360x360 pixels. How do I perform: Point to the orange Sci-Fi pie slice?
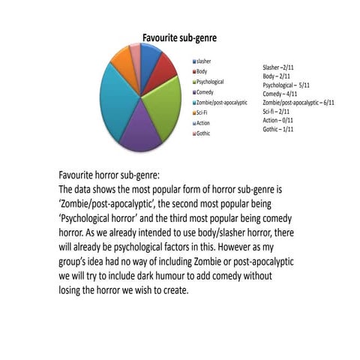pyautogui.click(x=121, y=58)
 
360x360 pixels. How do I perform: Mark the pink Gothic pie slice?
pyautogui.click(x=135, y=51)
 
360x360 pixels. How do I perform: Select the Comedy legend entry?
pyautogui.click(x=205, y=91)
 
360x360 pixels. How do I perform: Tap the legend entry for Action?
pyautogui.click(x=203, y=123)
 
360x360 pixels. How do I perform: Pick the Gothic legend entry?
pyautogui.click(x=204, y=133)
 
